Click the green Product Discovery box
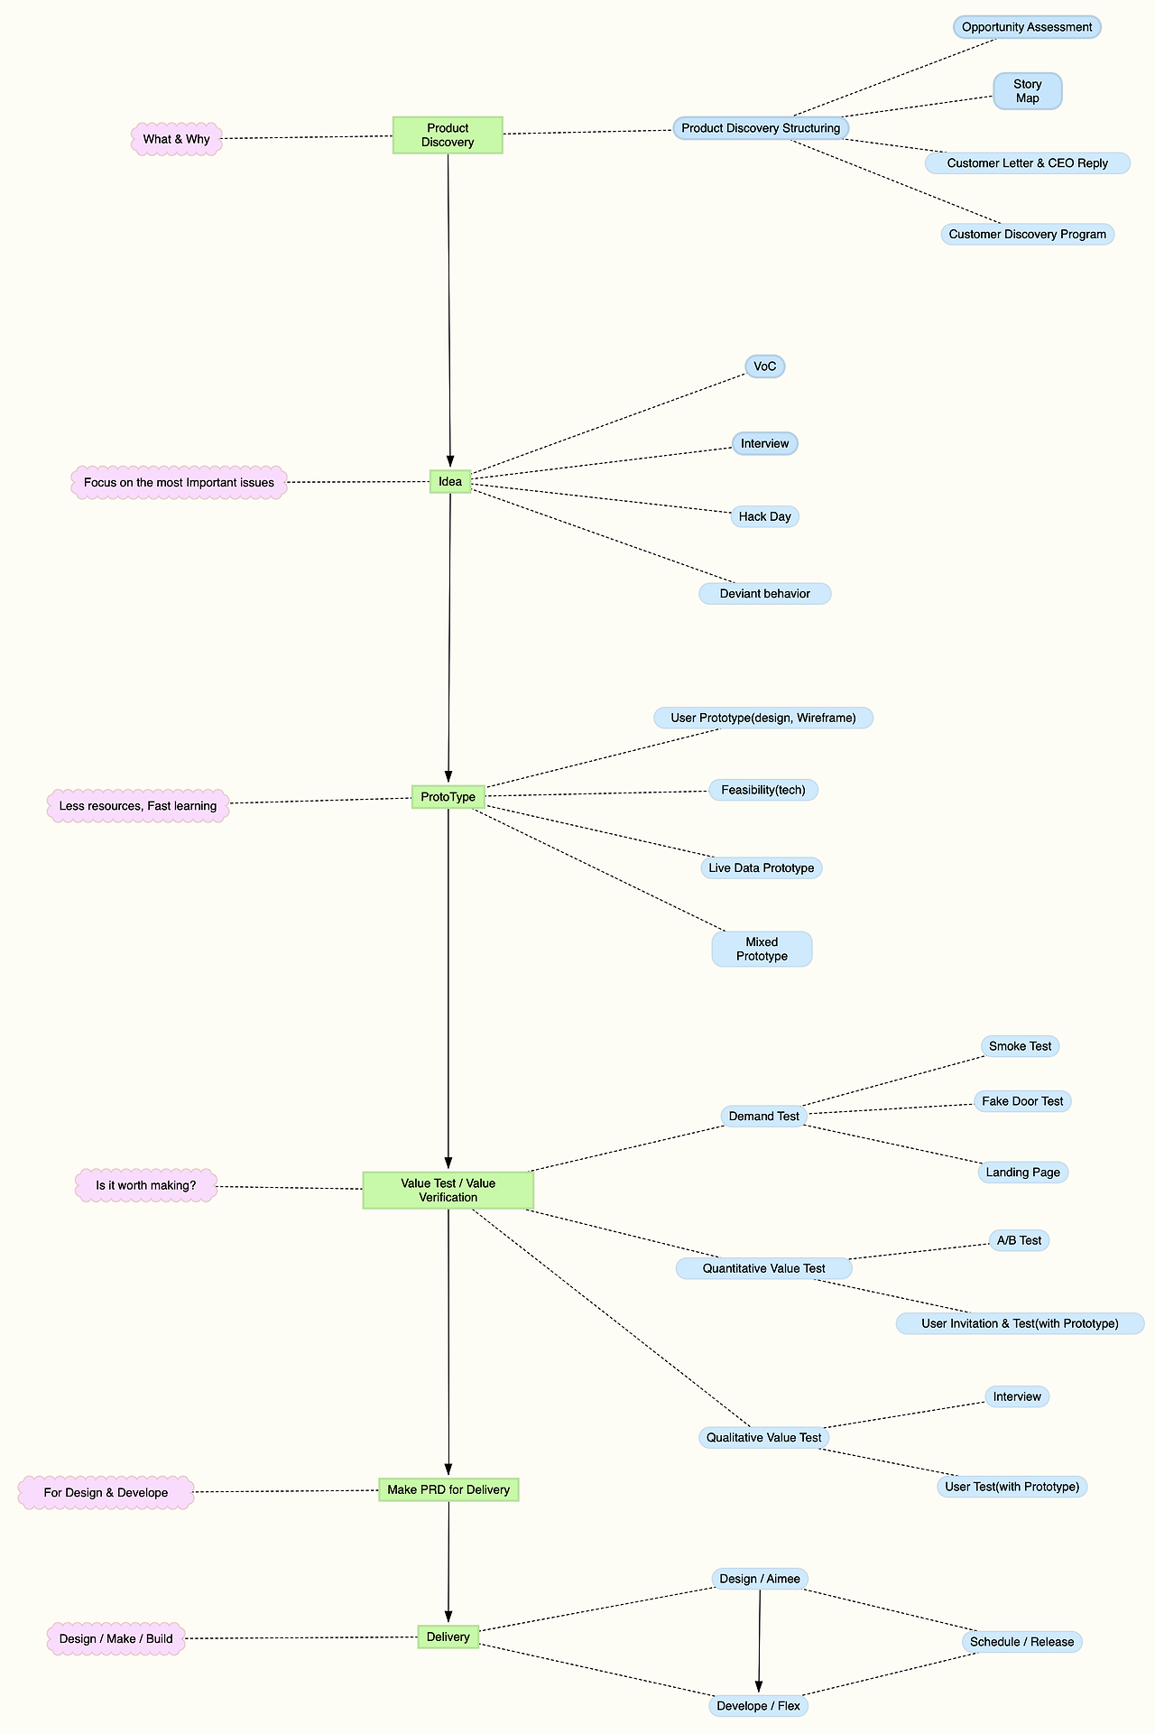click(x=448, y=134)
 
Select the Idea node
click(x=450, y=482)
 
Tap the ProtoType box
click(x=448, y=797)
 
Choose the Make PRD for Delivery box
click(x=448, y=1489)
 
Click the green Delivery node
click(x=448, y=1637)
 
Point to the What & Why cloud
click(x=177, y=140)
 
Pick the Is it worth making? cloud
click(x=146, y=1185)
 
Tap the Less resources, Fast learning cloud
click(x=138, y=806)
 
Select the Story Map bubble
click(x=1028, y=91)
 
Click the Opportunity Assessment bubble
click(x=1027, y=27)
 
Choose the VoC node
click(x=765, y=366)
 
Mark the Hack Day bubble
click(x=765, y=516)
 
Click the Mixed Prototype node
click(x=762, y=950)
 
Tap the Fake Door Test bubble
click(x=1023, y=1101)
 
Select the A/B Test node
click(x=1020, y=1240)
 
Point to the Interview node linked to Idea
click(x=765, y=443)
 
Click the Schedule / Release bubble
click(x=1022, y=1642)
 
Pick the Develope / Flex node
click(x=759, y=1706)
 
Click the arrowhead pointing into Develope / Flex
click(x=759, y=1688)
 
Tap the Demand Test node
click(x=764, y=1117)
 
